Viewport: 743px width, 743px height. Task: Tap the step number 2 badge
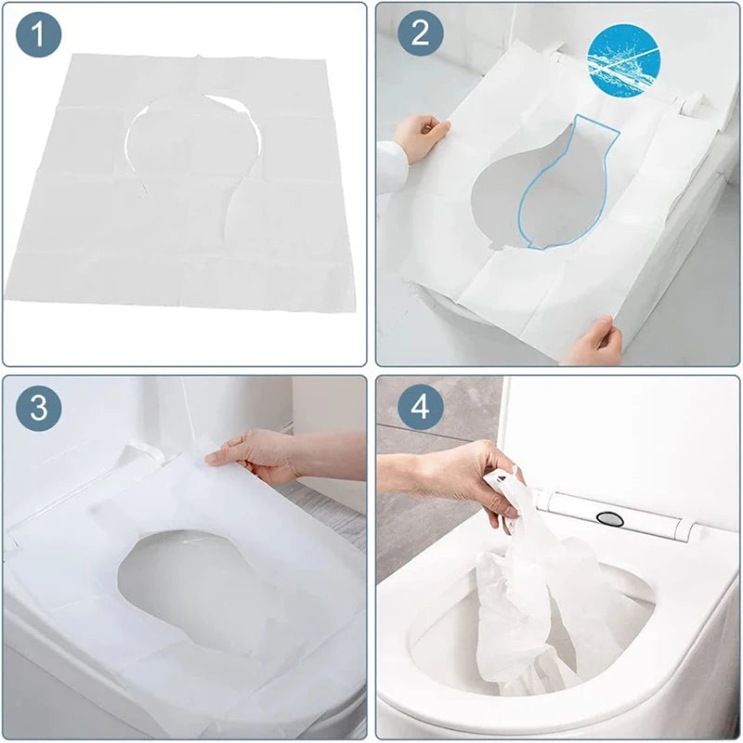[x=421, y=35]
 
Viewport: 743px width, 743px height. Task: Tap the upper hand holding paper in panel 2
[x=422, y=136]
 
